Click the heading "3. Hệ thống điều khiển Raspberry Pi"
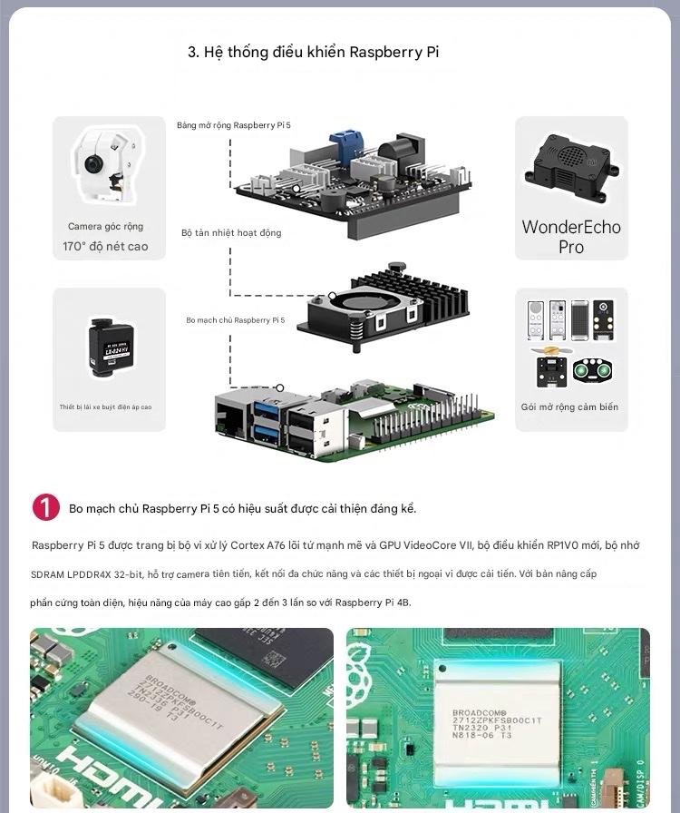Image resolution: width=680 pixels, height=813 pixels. point(313,52)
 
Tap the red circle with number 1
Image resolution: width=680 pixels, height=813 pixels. point(45,507)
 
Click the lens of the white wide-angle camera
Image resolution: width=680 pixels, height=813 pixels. point(93,164)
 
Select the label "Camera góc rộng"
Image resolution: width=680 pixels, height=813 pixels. point(105,227)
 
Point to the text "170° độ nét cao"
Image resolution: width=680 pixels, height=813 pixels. point(105,247)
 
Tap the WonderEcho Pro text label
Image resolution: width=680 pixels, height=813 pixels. point(571,237)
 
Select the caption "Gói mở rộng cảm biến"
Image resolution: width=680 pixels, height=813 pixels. point(569,407)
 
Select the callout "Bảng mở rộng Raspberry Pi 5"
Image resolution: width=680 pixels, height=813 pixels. point(234,124)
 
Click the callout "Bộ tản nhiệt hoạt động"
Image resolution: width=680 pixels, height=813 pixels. point(231,233)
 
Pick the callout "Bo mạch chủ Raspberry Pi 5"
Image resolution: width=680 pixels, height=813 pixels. point(235,320)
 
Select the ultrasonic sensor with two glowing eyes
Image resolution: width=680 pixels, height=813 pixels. point(594,370)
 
